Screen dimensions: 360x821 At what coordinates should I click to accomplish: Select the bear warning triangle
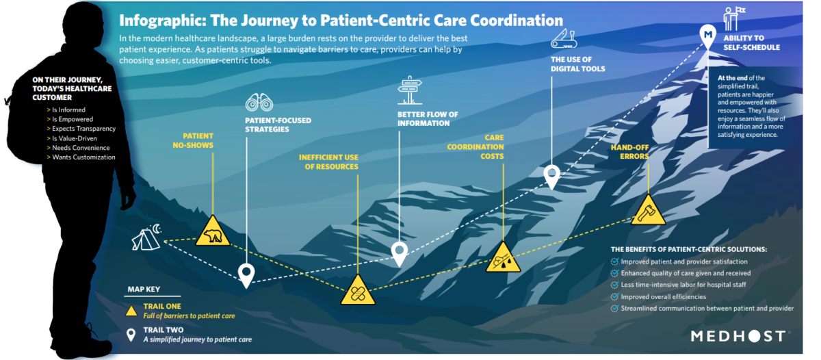click(x=212, y=233)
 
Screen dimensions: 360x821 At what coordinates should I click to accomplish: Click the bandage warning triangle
click(x=358, y=292)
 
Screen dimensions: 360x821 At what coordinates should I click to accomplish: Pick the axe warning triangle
click(x=647, y=212)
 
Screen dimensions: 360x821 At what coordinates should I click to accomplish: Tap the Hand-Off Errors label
click(x=629, y=151)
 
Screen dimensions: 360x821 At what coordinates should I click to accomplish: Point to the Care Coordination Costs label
click(x=475, y=147)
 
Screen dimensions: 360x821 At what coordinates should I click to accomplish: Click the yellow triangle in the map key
click(x=131, y=310)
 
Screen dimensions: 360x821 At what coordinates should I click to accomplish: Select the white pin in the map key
click(x=131, y=333)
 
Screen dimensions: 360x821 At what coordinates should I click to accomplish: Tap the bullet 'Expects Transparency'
click(x=83, y=129)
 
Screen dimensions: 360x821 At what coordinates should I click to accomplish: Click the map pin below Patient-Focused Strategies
click(x=246, y=274)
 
